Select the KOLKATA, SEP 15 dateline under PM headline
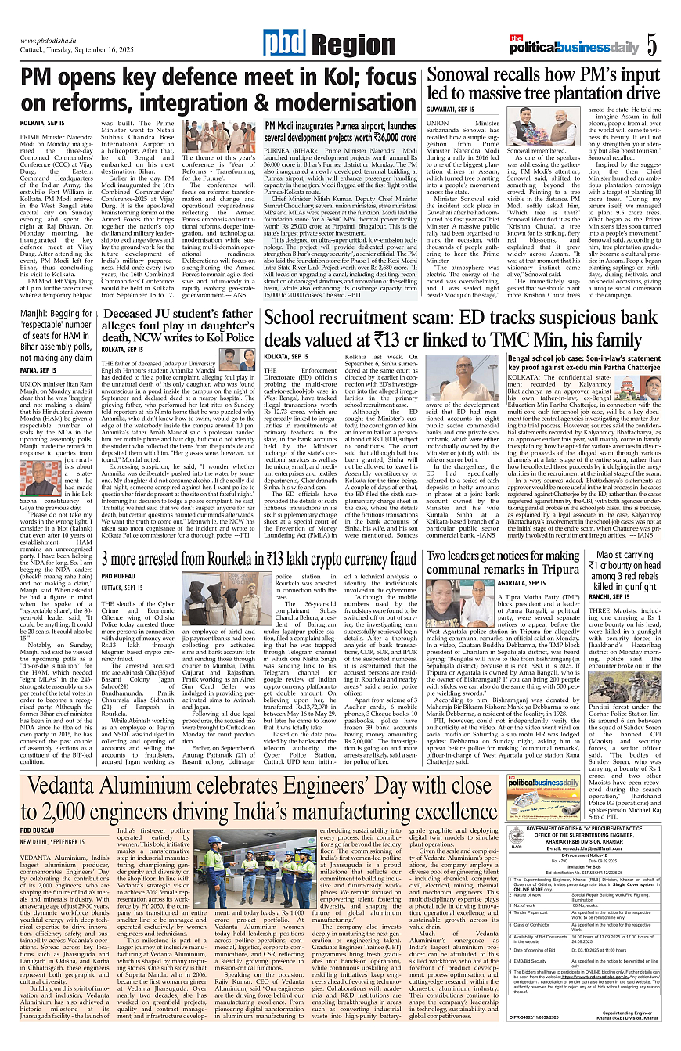click(x=42, y=124)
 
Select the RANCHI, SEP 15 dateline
click(x=611, y=596)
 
